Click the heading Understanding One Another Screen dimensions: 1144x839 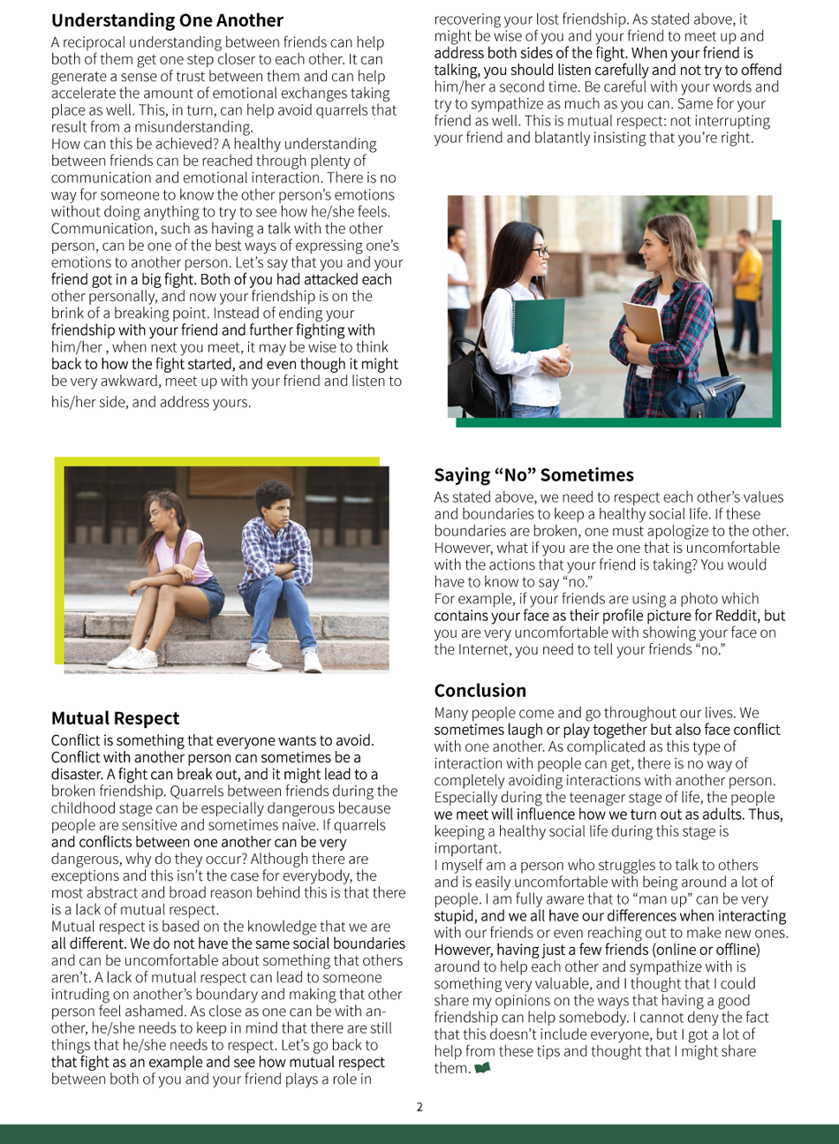point(167,20)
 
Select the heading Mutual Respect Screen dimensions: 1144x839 point(115,718)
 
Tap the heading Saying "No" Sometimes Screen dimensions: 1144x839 point(533,475)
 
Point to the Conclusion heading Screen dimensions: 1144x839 point(480,691)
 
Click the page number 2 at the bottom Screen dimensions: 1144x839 point(419,1107)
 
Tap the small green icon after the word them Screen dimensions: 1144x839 point(482,1069)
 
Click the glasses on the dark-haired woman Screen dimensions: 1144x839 point(536,253)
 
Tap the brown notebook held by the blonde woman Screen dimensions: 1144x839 point(643,323)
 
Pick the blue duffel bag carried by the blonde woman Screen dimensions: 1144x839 point(717,393)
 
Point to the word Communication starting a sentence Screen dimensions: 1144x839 point(103,229)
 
